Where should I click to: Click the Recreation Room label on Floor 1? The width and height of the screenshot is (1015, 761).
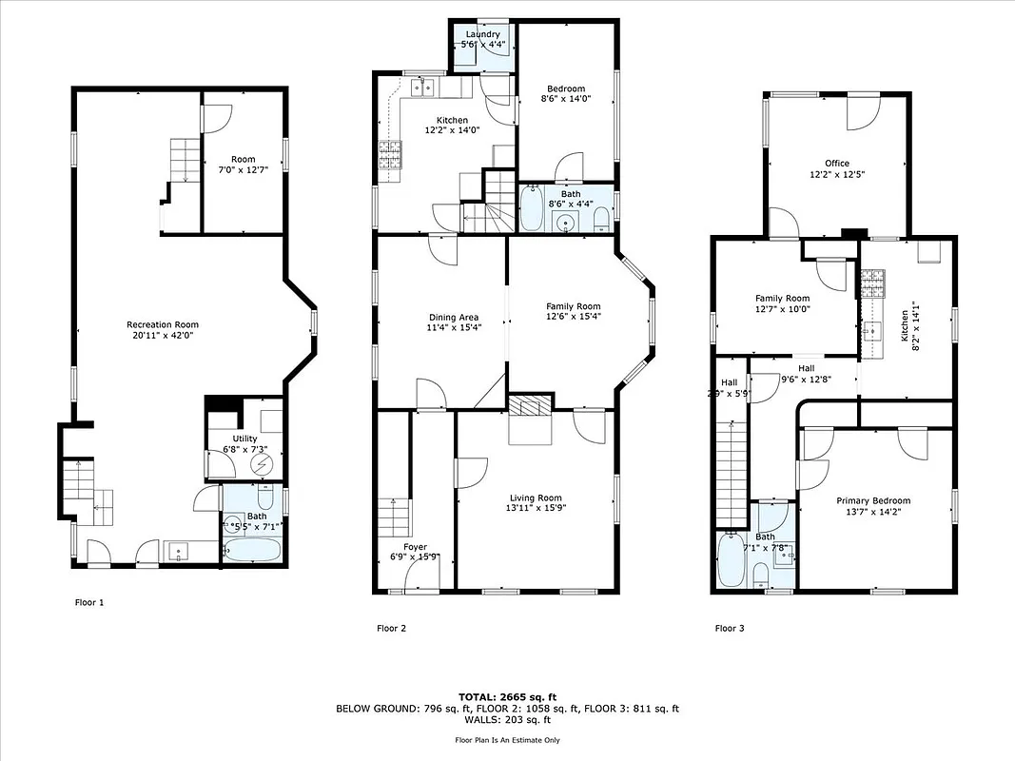point(163,324)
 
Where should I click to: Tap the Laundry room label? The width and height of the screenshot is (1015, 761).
point(482,35)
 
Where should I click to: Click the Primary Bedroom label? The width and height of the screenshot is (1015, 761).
point(873,501)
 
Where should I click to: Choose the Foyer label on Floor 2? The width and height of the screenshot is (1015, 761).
point(415,547)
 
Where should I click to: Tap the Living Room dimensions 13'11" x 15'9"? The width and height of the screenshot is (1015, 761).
point(535,509)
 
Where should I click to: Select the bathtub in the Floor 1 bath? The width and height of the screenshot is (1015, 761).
point(251,549)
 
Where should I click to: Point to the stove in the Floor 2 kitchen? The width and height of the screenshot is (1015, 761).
point(390,155)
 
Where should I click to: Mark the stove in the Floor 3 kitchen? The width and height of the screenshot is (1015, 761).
point(872,282)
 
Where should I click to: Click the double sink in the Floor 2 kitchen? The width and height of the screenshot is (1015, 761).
point(423,88)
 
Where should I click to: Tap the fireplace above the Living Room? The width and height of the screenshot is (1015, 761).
point(529,407)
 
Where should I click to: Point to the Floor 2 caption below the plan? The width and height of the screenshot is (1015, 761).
point(392,628)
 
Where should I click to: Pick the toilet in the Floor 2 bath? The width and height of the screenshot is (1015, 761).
point(600,222)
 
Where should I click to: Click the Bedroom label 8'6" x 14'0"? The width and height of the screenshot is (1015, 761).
point(563,93)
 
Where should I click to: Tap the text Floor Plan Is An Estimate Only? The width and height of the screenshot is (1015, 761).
point(507,739)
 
